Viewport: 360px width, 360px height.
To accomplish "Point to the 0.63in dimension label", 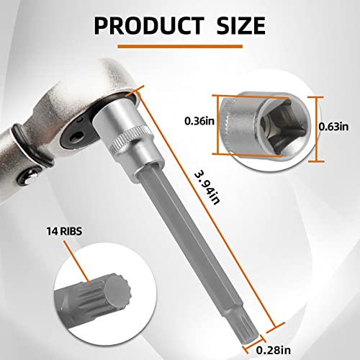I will coord(334,126).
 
